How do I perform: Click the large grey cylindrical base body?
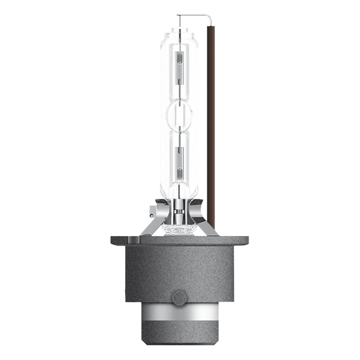pos(179,270)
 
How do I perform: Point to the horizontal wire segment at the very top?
pos(191,15)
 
